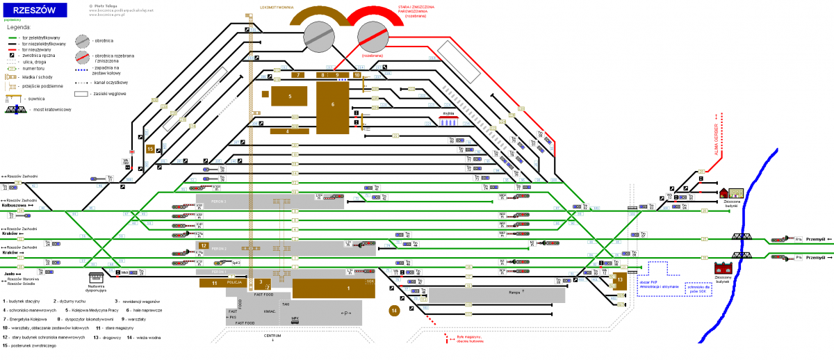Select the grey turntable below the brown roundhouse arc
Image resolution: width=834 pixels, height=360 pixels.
(x=318, y=35)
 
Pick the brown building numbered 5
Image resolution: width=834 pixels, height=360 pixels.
(x=289, y=97)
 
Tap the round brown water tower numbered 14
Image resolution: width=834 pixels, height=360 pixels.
(x=395, y=311)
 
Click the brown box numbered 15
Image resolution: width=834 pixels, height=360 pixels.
(x=150, y=148)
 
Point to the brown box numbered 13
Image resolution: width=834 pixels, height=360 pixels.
(x=621, y=279)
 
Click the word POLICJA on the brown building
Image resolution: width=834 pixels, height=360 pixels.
(x=235, y=283)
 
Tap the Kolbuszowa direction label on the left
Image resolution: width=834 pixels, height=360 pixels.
(x=13, y=205)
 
